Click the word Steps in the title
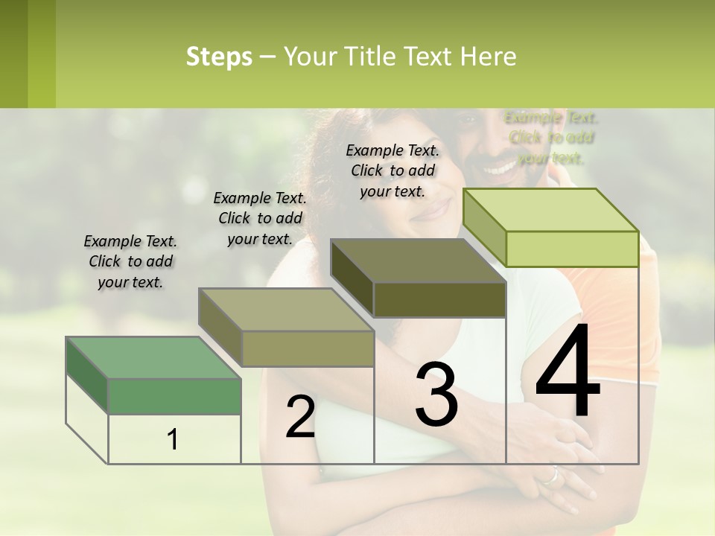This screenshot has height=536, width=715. [219, 57]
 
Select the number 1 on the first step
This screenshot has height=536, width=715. [173, 440]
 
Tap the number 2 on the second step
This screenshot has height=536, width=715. [300, 417]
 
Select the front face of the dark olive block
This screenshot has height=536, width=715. [439, 299]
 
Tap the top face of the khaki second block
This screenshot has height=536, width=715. [286, 310]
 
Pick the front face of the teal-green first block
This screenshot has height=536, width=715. [175, 396]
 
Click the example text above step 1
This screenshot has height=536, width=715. [130, 261]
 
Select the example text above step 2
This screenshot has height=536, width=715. [260, 218]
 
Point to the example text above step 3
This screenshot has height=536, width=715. [393, 170]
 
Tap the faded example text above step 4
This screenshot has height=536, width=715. [551, 138]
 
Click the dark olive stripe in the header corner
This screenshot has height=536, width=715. [13, 54]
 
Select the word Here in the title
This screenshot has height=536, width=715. [488, 57]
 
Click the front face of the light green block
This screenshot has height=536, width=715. [572, 249]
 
